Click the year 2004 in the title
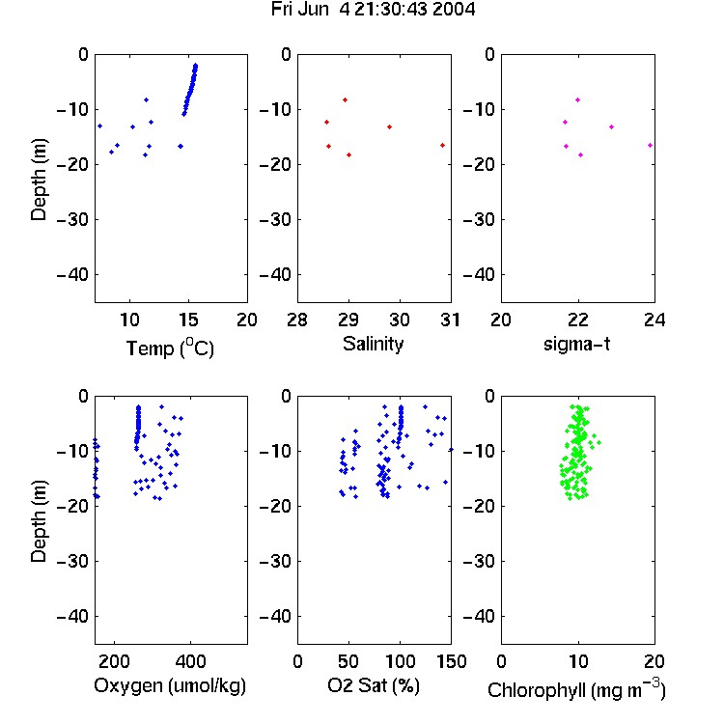pyautogui.click(x=454, y=10)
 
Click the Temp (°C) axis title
pyautogui.click(x=170, y=348)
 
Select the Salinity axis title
pyautogui.click(x=373, y=344)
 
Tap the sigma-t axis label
pyautogui.click(x=576, y=344)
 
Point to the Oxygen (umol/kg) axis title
pyautogui.click(x=170, y=685)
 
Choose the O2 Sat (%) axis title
pyautogui.click(x=374, y=685)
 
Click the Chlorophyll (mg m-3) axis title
pyautogui.click(x=576, y=689)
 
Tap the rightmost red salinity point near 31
pyautogui.click(x=442, y=146)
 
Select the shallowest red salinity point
pyautogui.click(x=345, y=100)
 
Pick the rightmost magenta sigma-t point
pyautogui.click(x=650, y=146)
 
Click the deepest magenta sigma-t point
pyautogui.click(x=580, y=155)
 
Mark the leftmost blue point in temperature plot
pyautogui.click(x=99, y=126)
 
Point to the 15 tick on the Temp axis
pyautogui.click(x=188, y=320)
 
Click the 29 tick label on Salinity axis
pyautogui.click(x=348, y=320)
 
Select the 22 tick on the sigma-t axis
pyautogui.click(x=577, y=320)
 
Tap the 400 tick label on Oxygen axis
pyautogui.click(x=190, y=661)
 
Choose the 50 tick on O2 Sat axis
pyautogui.click(x=348, y=661)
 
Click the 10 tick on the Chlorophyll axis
pyautogui.click(x=577, y=661)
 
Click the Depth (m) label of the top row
pyautogui.click(x=39, y=180)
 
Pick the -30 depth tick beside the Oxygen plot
pyautogui.click(x=72, y=562)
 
